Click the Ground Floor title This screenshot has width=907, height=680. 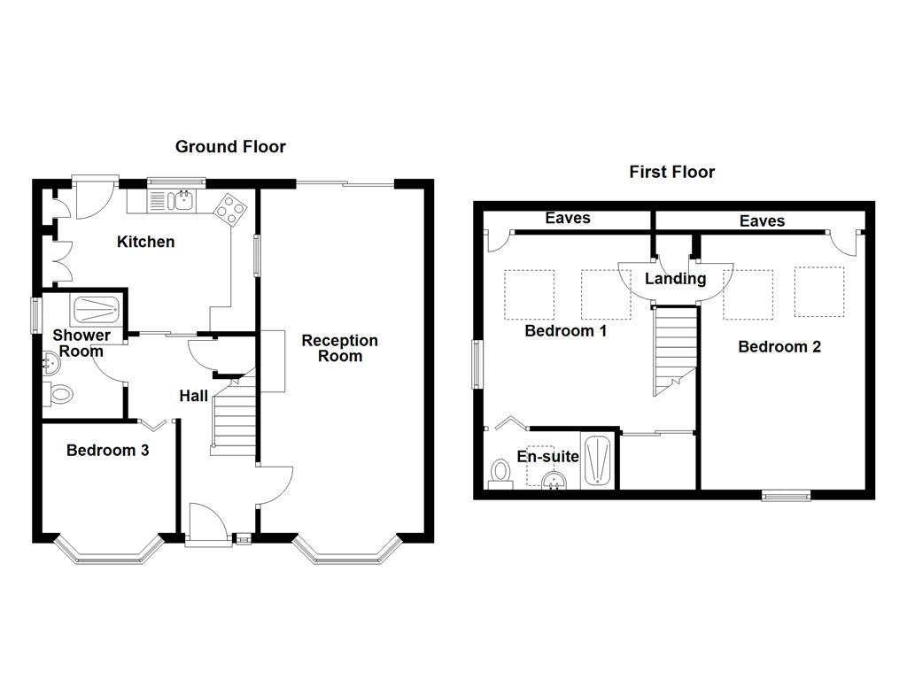230,147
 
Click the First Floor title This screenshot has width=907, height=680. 671,172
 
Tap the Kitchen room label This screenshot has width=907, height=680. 146,242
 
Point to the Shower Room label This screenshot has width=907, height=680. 81,344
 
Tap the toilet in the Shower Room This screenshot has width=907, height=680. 58,394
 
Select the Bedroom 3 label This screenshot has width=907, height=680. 107,451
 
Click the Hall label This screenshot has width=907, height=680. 194,397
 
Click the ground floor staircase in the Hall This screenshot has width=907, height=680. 232,416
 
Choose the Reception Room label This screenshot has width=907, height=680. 339,348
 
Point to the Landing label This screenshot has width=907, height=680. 675,279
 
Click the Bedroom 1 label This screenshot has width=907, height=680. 565,331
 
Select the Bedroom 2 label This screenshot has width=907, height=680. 779,347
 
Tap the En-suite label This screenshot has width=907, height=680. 548,457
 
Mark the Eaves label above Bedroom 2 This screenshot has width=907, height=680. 762,221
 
